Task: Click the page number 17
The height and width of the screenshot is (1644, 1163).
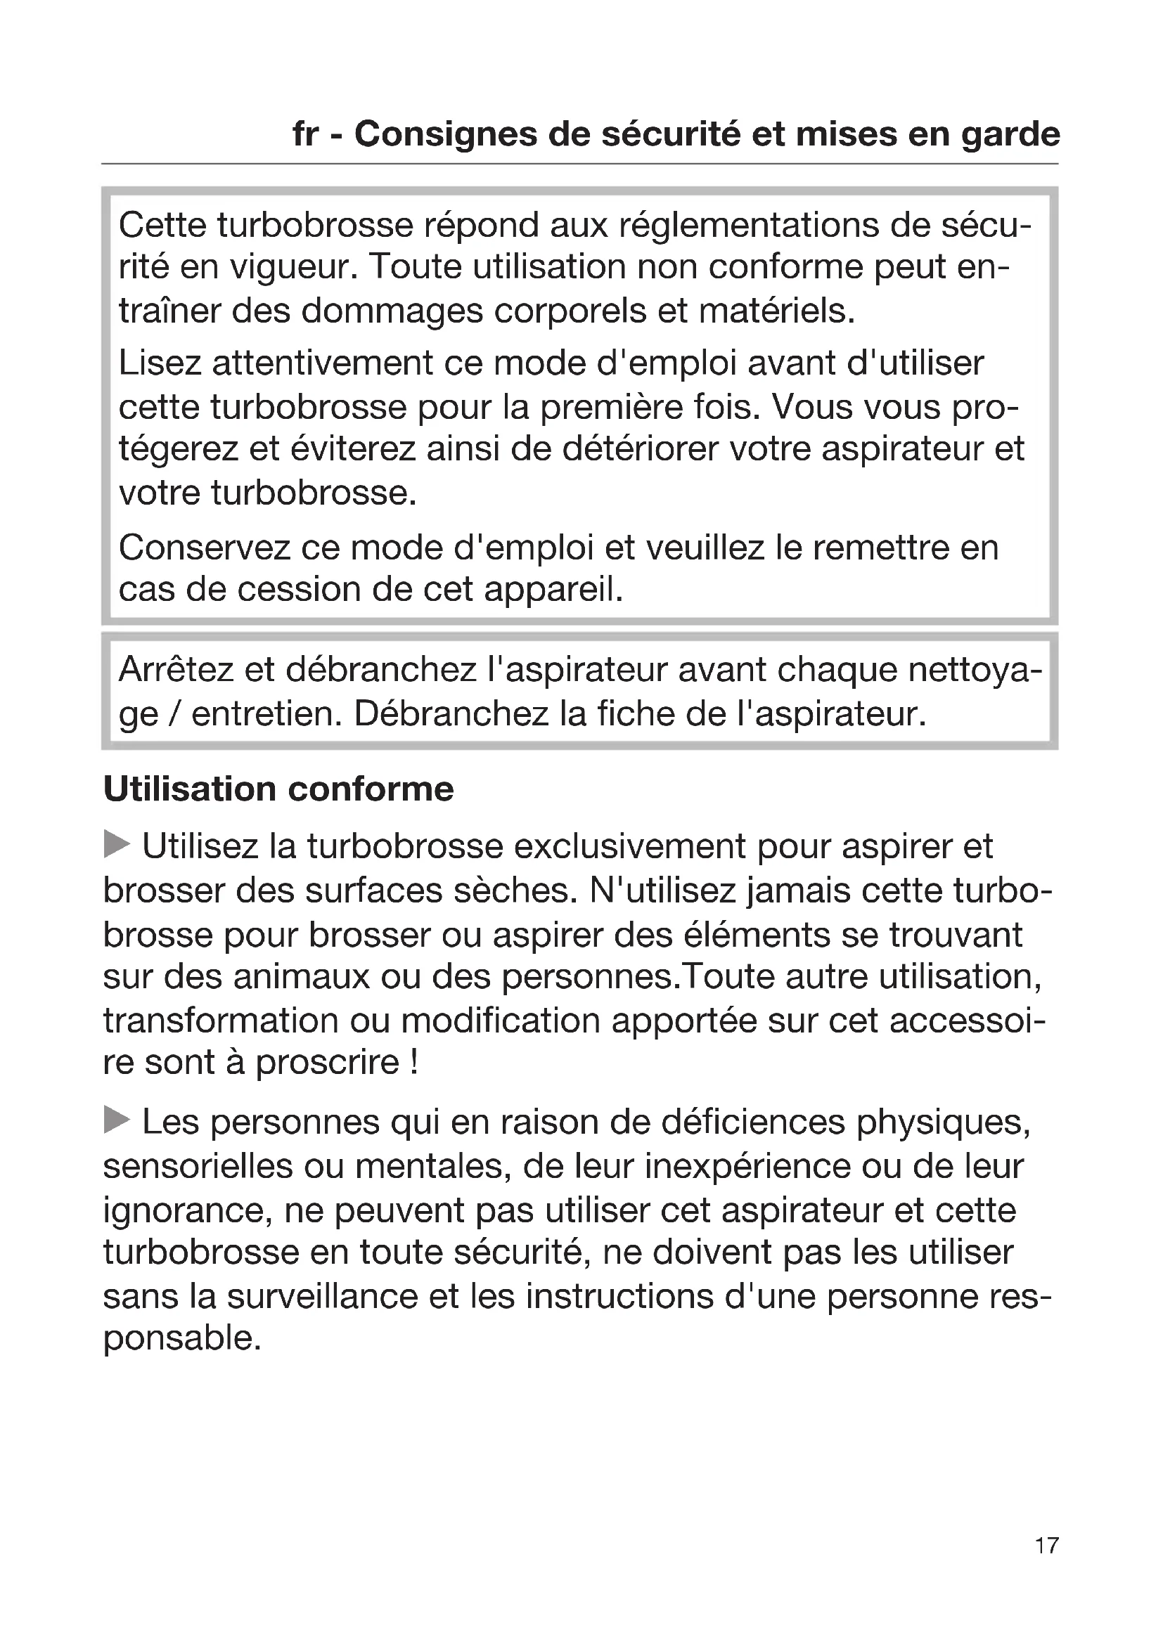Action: tap(1046, 1546)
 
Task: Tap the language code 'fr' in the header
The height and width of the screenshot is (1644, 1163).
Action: tap(306, 134)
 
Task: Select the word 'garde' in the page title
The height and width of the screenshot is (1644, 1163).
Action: tap(1010, 136)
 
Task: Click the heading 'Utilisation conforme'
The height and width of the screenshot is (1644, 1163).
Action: tap(278, 789)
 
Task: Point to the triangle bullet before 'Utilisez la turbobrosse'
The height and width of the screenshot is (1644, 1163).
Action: tap(117, 844)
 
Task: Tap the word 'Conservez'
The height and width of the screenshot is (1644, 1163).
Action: tap(203, 548)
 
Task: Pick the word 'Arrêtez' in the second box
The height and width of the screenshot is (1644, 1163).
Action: tap(176, 671)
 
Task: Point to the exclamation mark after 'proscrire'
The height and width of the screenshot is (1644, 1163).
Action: tap(414, 1062)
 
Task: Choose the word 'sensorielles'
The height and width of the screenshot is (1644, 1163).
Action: tap(198, 1165)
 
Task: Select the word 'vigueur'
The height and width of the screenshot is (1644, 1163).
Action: tap(293, 268)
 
